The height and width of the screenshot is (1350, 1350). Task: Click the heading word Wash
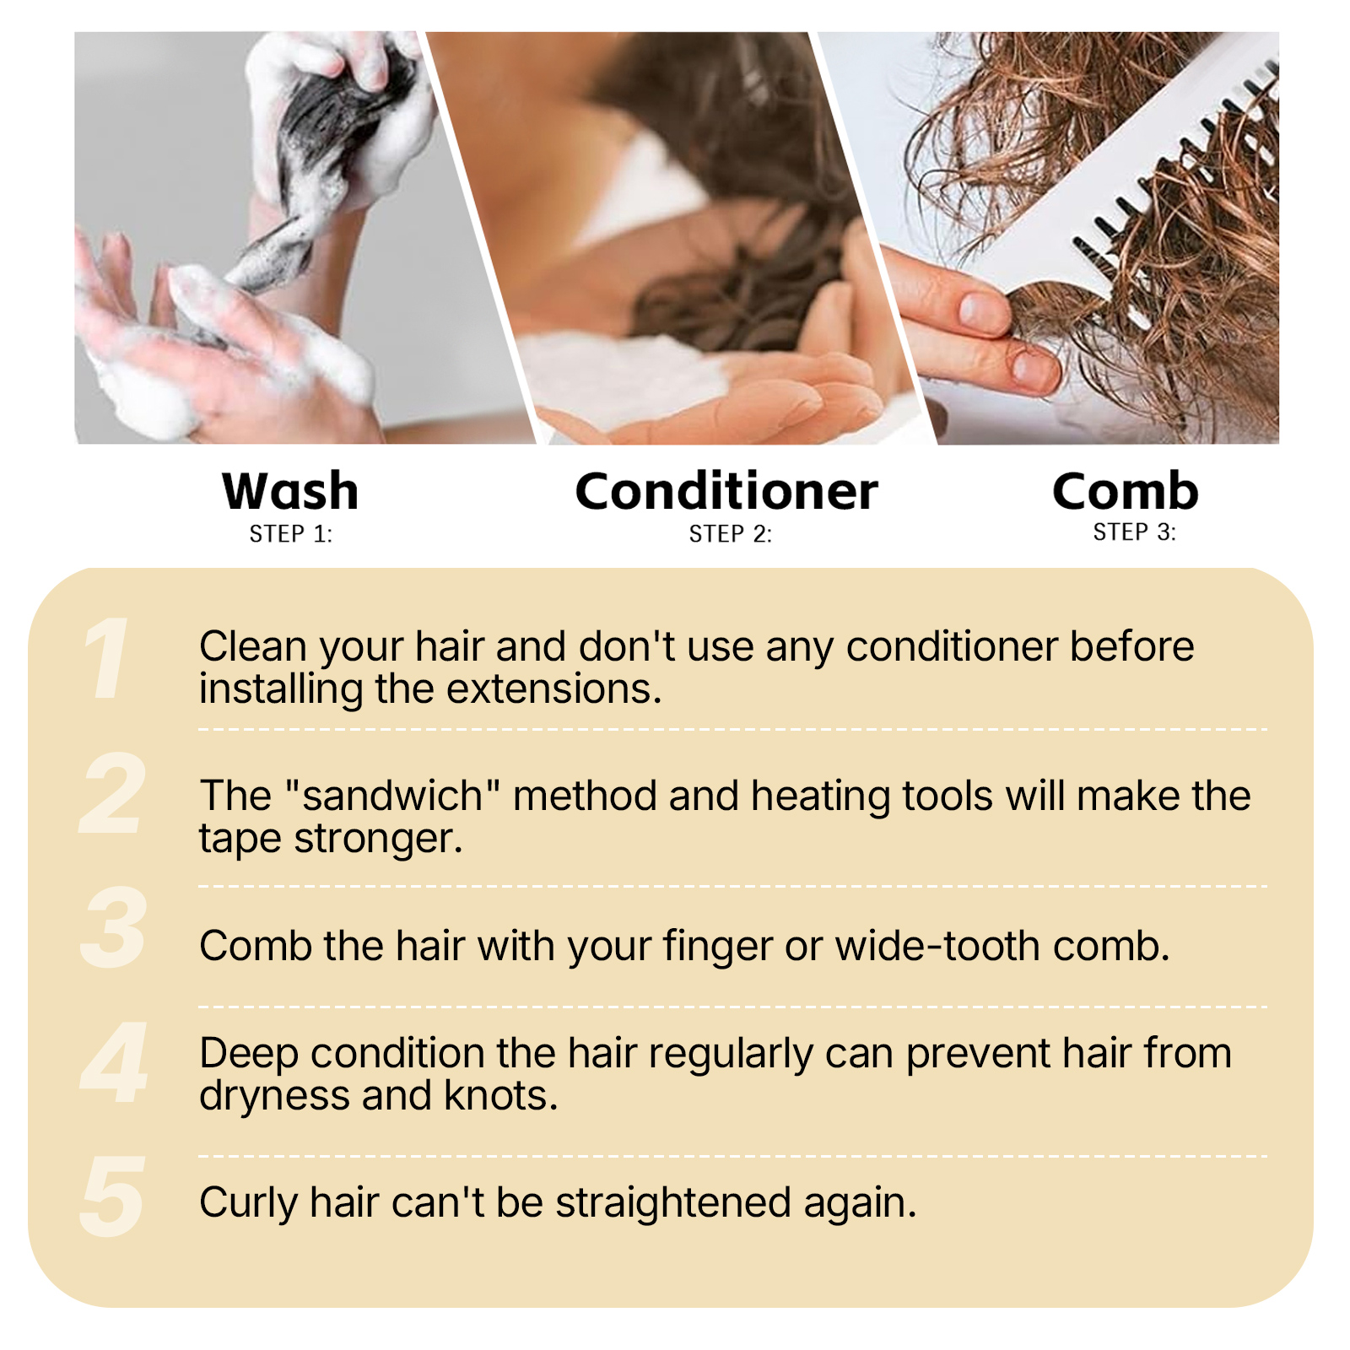(290, 491)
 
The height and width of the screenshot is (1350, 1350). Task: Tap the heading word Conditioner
(726, 491)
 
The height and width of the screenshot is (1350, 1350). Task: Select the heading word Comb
(1126, 491)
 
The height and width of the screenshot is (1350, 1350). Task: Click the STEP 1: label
(291, 534)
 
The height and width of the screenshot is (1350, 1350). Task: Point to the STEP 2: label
(731, 534)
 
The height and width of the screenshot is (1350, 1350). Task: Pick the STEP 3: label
(1135, 532)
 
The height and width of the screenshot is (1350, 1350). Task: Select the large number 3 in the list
(113, 928)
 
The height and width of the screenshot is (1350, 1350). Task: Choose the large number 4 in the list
(114, 1062)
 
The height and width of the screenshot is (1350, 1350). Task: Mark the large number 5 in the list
(112, 1197)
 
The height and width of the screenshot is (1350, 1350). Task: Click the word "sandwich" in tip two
(393, 796)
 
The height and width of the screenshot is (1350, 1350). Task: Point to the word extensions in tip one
(553, 689)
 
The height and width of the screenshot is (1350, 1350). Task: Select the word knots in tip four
(501, 1095)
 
